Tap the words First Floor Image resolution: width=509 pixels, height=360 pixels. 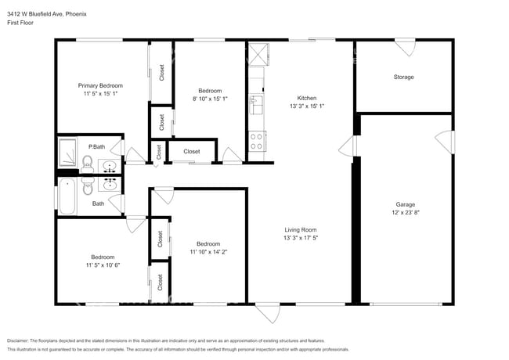(x=23, y=23)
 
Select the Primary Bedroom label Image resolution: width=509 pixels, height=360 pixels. (x=99, y=85)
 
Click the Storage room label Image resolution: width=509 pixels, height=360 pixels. (x=403, y=77)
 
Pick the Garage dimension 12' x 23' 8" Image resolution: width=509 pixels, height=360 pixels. (x=405, y=213)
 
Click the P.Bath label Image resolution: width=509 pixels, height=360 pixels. (x=97, y=147)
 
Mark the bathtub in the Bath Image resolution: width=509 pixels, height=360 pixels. (x=67, y=196)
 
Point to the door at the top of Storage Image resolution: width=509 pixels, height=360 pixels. (x=405, y=48)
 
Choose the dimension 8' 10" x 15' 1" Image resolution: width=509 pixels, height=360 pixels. (x=209, y=99)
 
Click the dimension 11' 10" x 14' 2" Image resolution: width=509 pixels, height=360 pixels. (x=208, y=252)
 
